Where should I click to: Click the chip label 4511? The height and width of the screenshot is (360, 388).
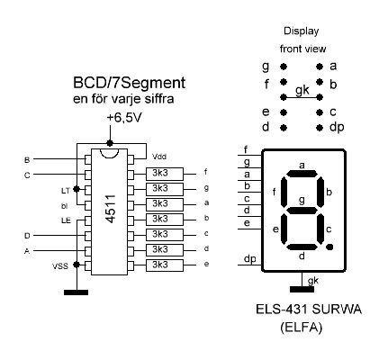[x=111, y=209]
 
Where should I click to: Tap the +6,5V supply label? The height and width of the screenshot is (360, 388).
[x=124, y=118]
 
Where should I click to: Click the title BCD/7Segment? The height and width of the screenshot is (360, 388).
[x=129, y=83]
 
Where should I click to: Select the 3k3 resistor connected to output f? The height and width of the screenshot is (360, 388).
[x=165, y=174]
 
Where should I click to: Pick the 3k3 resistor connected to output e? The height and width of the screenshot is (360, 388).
[x=165, y=265]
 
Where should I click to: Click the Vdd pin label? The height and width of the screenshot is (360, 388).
[x=159, y=157]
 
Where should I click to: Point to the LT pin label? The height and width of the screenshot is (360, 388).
[x=65, y=191]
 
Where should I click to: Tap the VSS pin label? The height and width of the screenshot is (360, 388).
[x=60, y=265]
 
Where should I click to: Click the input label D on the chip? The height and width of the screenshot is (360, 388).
[x=27, y=236]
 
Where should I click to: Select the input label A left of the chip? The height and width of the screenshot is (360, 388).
[x=27, y=251]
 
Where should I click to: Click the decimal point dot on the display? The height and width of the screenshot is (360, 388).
[x=329, y=247]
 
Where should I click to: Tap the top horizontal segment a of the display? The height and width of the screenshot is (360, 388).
[x=302, y=174]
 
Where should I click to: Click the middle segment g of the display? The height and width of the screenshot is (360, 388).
[x=302, y=211]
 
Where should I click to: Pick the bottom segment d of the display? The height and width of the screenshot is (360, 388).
[x=302, y=247]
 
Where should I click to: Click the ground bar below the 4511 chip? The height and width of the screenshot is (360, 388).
[x=77, y=292]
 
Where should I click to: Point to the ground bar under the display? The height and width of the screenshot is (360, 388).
[x=302, y=289]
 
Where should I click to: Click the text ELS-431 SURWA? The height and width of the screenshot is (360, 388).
[x=309, y=310]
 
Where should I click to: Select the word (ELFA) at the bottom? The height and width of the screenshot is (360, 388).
[x=302, y=328]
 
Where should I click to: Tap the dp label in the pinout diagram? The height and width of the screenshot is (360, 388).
[x=337, y=127]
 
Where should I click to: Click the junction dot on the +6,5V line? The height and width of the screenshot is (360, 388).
[x=110, y=143]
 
